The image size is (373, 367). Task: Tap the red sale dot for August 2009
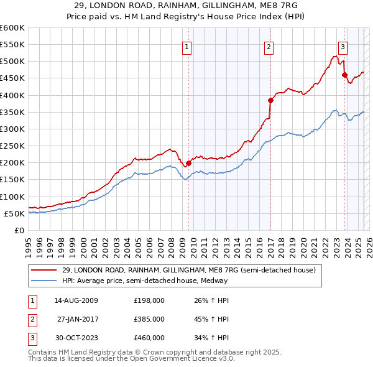pos(189,164)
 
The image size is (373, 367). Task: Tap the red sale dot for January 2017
pos(270,100)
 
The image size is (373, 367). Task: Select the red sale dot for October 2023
pos(344,75)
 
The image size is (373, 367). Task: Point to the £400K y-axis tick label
pos(12,95)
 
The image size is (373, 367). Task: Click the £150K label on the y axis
pos(12,179)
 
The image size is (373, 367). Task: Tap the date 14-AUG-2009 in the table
pos(76,300)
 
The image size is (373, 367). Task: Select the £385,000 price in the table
pos(149,318)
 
